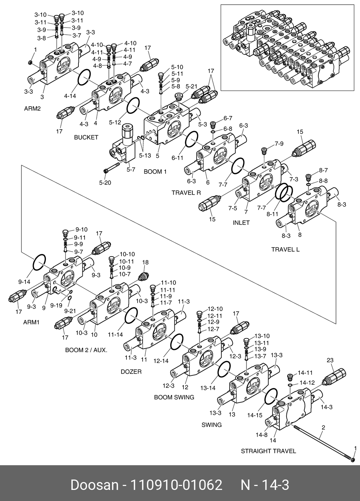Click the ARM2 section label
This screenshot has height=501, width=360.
[33, 109]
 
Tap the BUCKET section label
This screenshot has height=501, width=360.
[86, 137]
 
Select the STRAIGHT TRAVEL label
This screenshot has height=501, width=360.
[268, 451]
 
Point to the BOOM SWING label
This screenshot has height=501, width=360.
[174, 397]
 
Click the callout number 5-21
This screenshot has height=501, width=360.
[191, 87]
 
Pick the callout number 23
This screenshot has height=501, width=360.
[330, 360]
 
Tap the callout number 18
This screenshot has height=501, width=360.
[145, 262]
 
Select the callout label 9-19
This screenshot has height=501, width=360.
[56, 305]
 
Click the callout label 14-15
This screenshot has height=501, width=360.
[255, 415]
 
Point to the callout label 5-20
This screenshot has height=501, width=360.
[105, 183]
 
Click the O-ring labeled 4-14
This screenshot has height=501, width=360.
[84, 77]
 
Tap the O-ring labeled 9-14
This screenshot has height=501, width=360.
[39, 262]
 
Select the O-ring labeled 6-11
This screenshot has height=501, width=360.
[192, 139]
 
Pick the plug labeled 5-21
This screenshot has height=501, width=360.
[179, 96]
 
